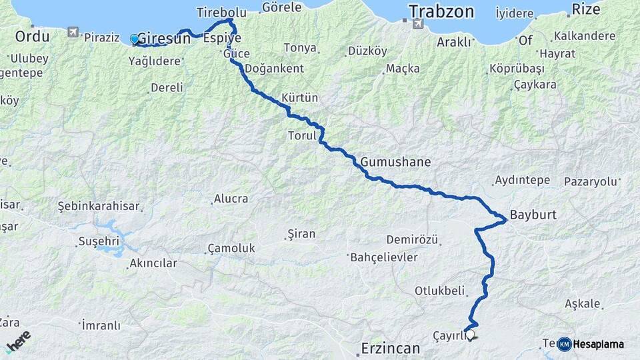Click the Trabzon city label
441,11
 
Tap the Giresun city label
163,39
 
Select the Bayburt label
533,215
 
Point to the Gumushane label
396,162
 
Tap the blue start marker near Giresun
135,39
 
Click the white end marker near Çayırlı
471,335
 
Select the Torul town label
300,135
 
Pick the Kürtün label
300,97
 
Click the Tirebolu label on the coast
221,13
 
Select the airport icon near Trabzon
417,24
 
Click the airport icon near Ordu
73,31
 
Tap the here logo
18,340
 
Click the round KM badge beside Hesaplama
564,344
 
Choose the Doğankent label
274,68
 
